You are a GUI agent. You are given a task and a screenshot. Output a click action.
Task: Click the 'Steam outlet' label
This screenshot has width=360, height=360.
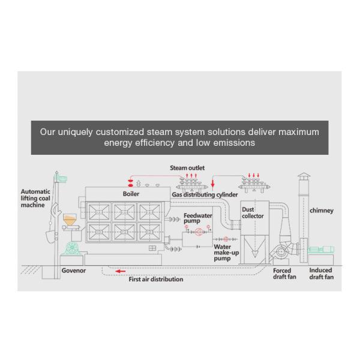187,168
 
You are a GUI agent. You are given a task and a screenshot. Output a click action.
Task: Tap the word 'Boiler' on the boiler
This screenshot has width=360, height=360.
131,194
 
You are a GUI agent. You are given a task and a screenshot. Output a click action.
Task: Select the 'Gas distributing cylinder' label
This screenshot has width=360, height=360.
205,194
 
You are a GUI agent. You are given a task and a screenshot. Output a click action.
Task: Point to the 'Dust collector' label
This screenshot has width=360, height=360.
253,212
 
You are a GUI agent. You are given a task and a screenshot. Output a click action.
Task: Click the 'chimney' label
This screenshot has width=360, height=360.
322,211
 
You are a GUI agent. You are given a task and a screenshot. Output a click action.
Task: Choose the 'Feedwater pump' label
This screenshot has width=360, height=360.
197,218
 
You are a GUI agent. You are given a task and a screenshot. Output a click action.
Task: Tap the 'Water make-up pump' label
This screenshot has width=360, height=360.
226,253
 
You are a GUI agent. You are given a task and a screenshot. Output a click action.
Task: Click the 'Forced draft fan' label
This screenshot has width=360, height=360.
284,274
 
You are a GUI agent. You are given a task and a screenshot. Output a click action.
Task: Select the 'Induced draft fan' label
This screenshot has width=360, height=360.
321,274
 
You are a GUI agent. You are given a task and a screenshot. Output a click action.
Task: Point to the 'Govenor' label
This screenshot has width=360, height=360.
73,271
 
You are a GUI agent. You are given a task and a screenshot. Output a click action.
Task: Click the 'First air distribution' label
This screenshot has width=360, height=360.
156,279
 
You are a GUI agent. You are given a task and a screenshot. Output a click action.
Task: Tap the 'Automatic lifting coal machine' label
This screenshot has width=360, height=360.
35,198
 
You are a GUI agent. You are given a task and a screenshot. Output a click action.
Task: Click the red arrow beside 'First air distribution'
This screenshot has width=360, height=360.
121,271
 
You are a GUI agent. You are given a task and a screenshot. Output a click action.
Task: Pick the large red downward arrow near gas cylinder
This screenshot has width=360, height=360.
213,184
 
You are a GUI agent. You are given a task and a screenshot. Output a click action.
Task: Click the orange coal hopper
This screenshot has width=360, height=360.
70,220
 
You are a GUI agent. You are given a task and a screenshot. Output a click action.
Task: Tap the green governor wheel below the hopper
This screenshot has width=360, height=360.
72,248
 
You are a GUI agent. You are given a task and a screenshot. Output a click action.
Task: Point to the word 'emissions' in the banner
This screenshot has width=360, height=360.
234,143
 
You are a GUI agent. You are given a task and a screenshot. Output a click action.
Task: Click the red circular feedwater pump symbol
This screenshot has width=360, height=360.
199,232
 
